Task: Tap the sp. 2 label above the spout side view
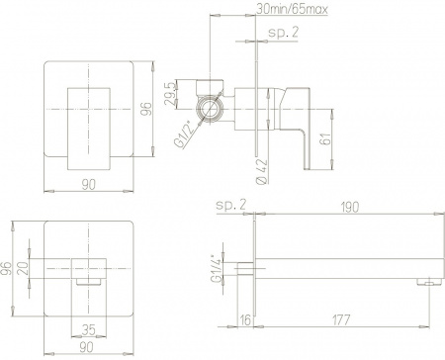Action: coord(230,207)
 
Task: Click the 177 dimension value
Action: coord(340,319)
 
